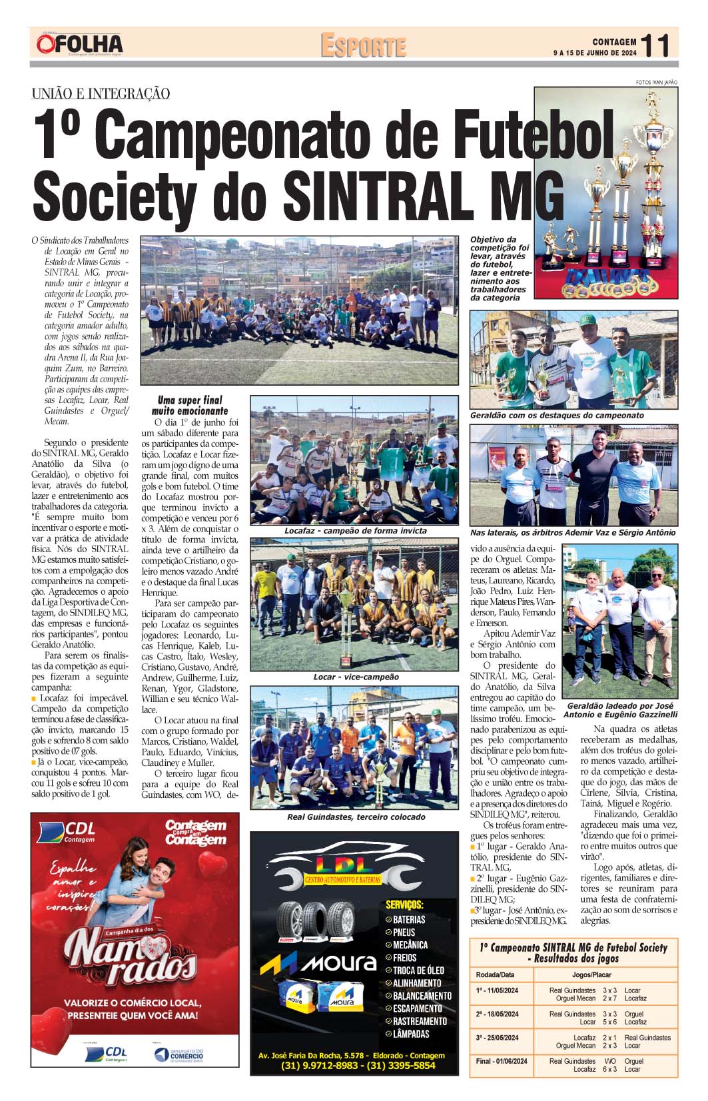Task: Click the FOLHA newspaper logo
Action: point(80,45)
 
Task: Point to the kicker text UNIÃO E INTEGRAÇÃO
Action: point(101,94)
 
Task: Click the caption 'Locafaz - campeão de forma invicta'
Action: point(355,531)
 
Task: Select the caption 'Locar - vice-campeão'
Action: point(356,677)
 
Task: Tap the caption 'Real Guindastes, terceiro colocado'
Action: point(356,817)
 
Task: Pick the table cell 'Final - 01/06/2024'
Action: point(502,1061)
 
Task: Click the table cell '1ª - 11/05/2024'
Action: point(498,990)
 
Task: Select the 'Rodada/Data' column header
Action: point(496,974)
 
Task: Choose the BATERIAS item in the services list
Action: point(408,920)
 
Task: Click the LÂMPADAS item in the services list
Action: point(411,1034)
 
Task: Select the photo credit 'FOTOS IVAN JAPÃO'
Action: point(656,83)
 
